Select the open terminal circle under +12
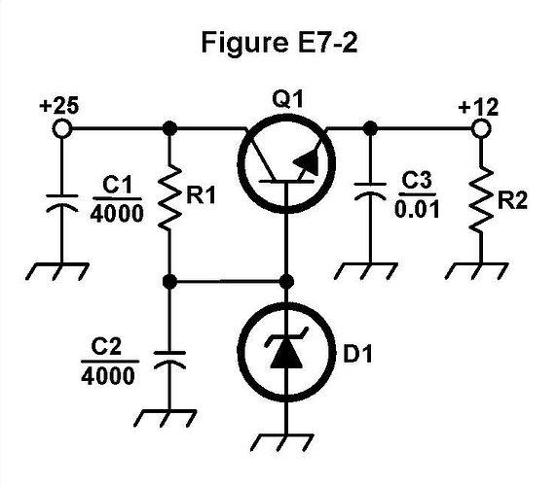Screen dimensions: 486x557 click(x=479, y=127)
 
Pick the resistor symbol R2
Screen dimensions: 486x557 click(x=479, y=202)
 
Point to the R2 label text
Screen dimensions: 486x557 click(x=512, y=202)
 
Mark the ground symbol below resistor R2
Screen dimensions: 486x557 click(x=479, y=267)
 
